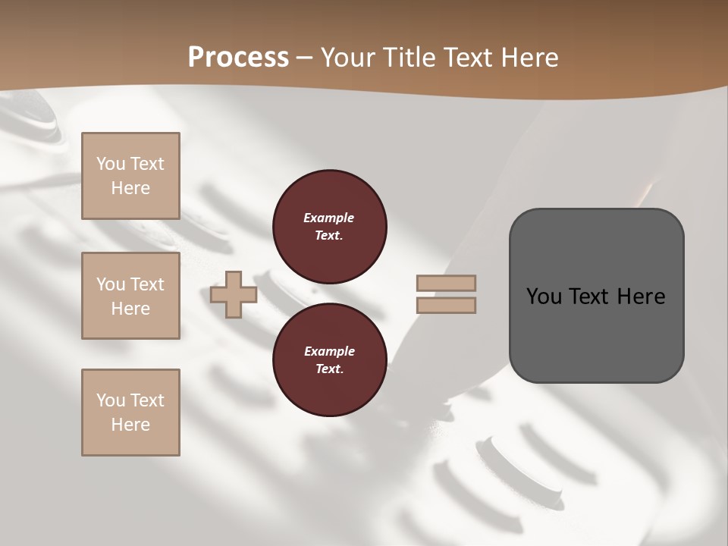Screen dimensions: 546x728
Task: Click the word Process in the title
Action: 238,58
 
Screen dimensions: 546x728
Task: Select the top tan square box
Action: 130,176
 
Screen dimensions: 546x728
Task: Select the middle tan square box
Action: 130,296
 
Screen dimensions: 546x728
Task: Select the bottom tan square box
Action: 130,413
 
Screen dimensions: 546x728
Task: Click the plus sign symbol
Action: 234,295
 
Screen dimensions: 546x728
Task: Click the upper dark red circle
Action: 330,227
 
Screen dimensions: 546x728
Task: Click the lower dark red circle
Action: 330,360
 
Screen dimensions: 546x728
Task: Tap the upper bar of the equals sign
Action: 446,284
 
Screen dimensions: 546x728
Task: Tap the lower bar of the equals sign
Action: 446,306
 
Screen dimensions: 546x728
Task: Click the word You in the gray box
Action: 544,297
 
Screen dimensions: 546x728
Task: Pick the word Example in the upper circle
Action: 329,218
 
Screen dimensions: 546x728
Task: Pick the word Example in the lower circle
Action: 329,351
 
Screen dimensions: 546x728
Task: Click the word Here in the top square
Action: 130,188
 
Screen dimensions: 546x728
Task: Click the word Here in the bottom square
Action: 130,425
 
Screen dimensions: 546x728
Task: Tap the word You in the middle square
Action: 110,284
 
